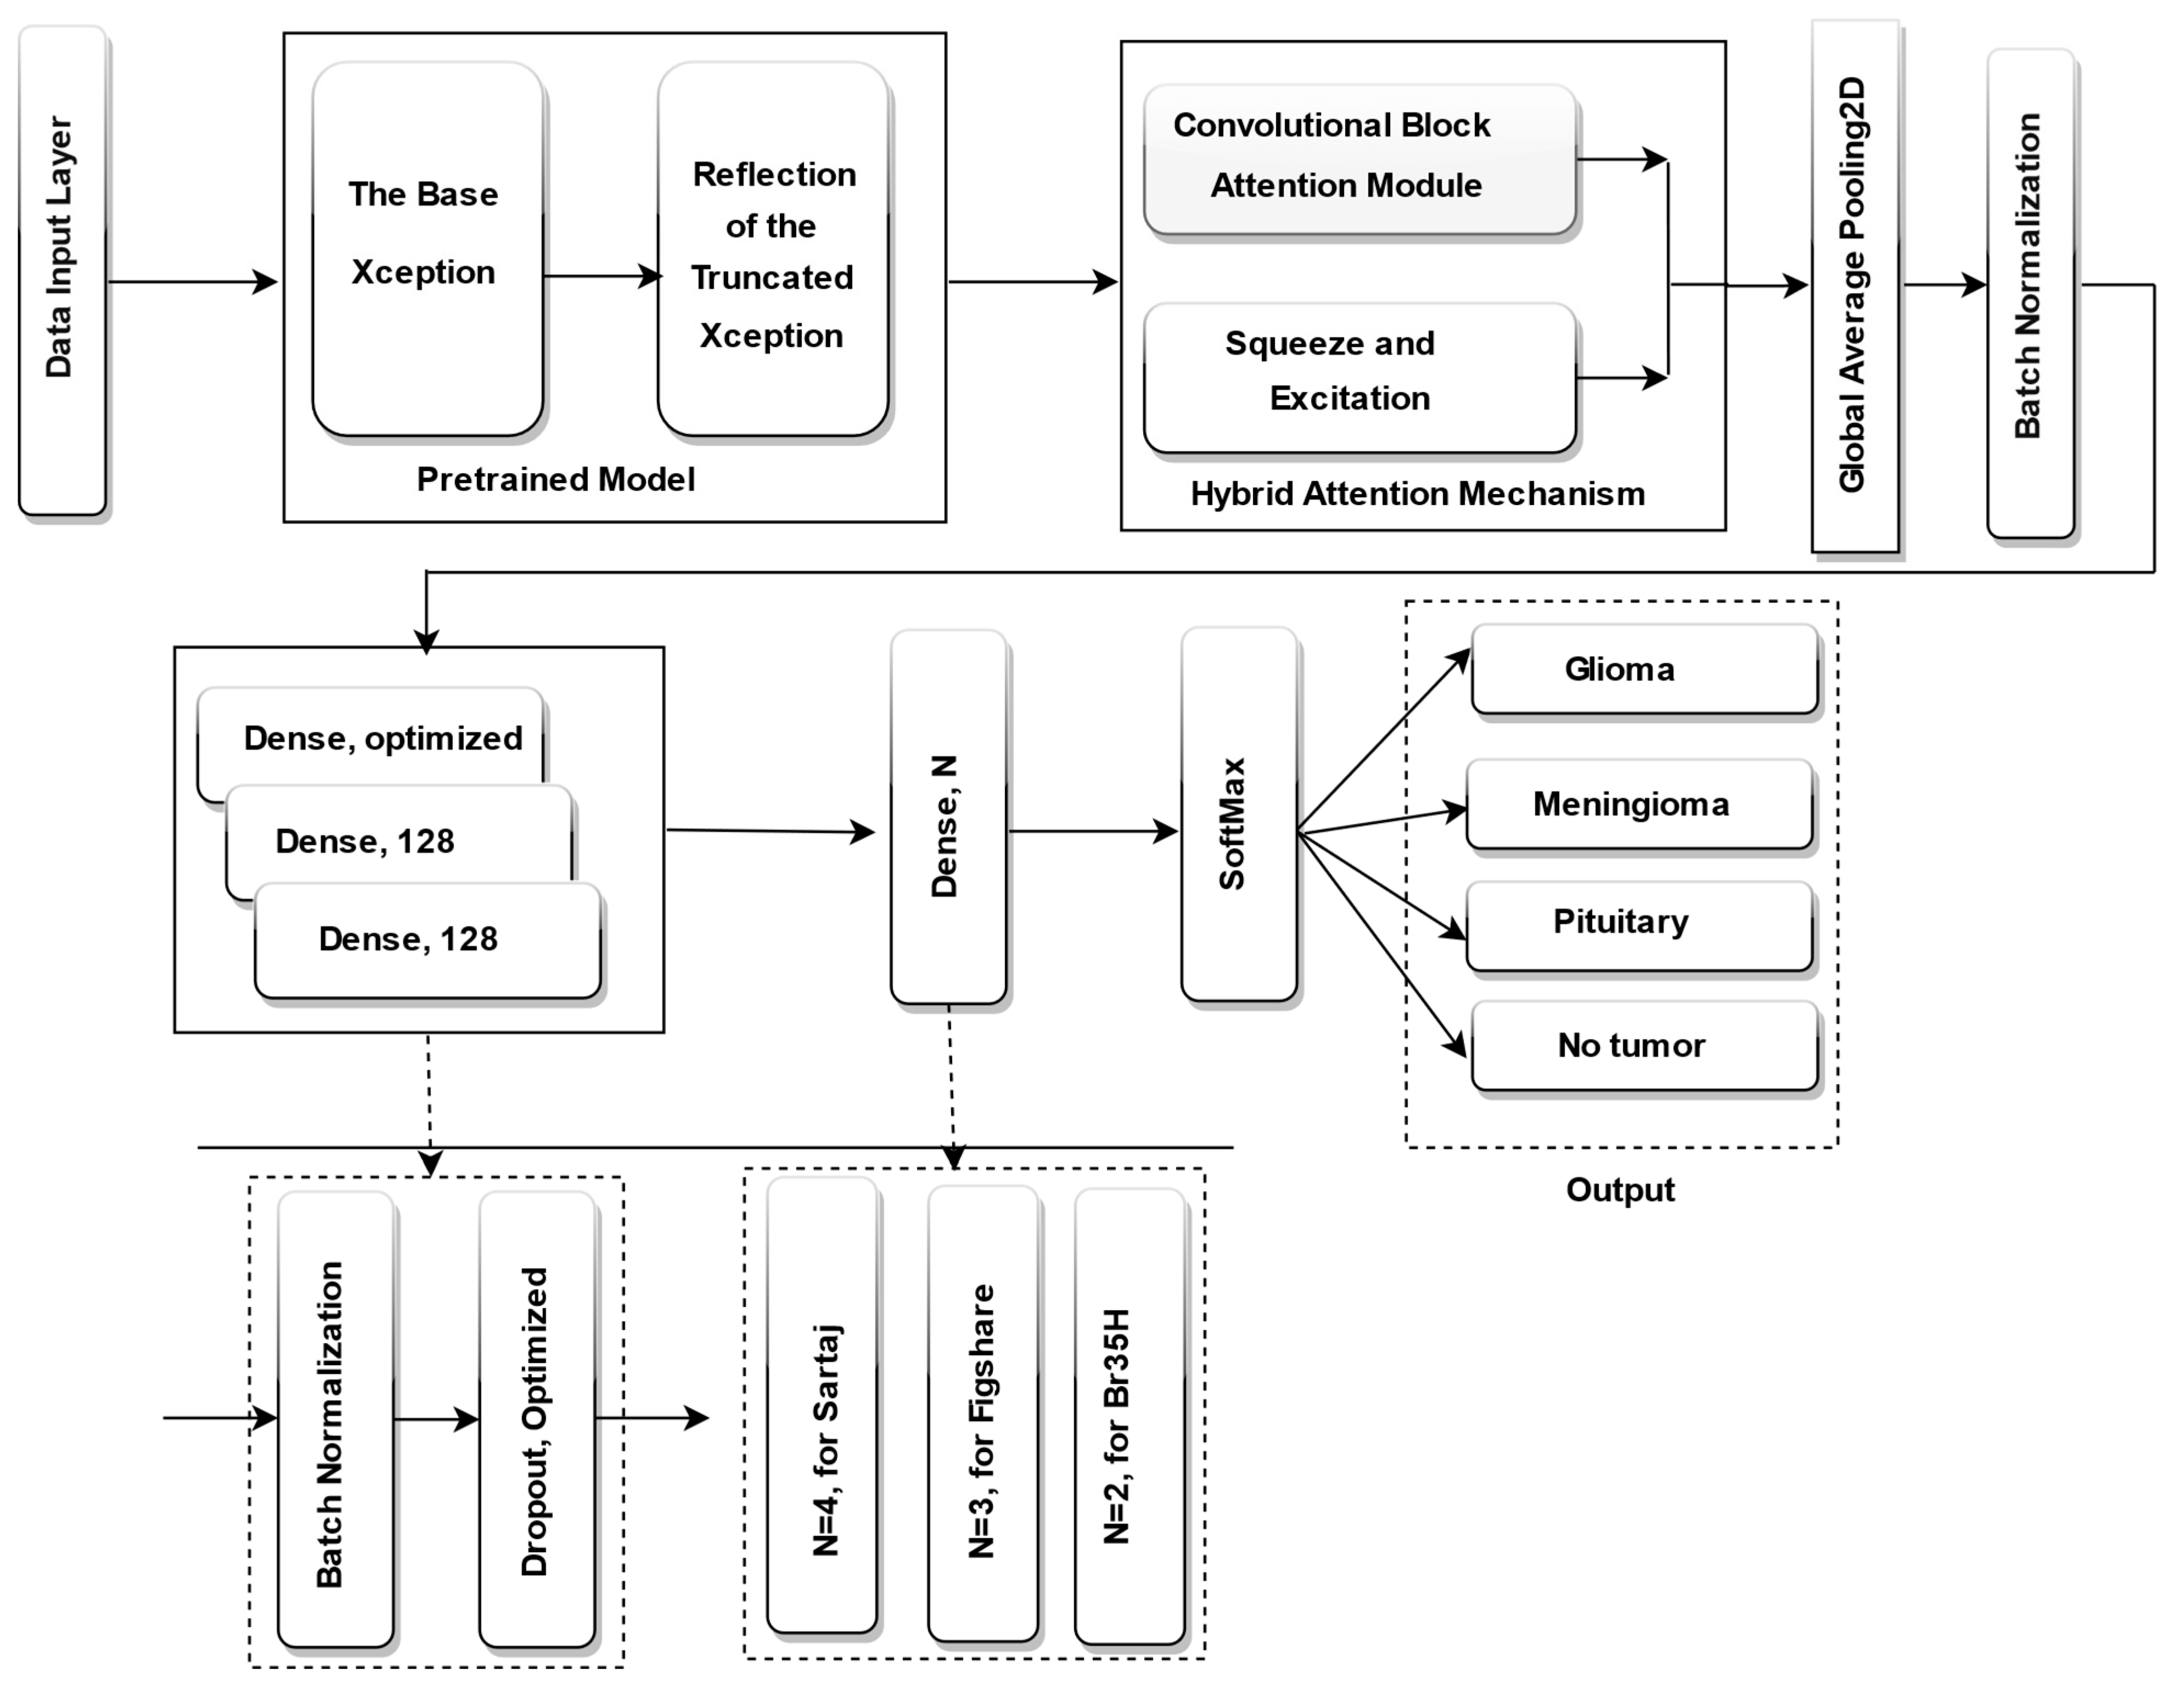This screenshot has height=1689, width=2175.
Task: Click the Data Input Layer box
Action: point(62,271)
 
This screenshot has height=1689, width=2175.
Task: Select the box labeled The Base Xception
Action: point(427,249)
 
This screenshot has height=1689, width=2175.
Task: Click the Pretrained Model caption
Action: point(556,479)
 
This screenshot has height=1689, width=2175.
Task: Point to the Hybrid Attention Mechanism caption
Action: point(1417,494)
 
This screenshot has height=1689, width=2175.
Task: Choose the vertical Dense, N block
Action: point(947,817)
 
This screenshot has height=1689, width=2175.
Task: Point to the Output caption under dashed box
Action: point(1620,1190)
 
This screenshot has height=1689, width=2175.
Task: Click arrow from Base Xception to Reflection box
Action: point(600,276)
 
